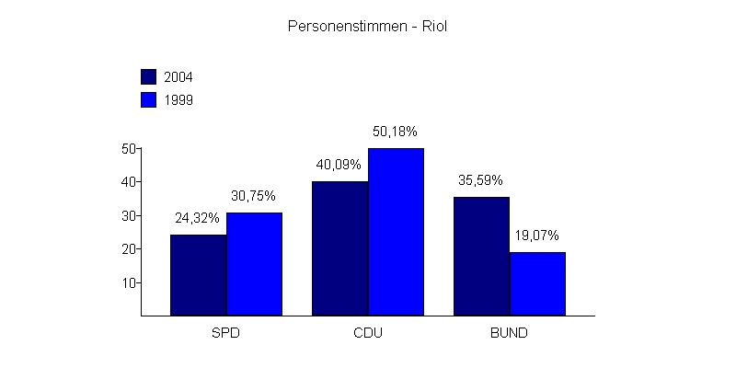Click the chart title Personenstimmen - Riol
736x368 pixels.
(367, 27)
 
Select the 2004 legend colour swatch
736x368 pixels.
(148, 76)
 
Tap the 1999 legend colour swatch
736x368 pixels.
(148, 99)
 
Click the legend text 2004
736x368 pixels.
(178, 76)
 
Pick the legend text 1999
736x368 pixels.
(178, 99)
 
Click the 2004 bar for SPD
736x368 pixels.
(198, 275)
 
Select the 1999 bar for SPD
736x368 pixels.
(254, 264)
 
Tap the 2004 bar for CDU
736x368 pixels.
(339, 248)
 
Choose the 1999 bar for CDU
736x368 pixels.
(396, 232)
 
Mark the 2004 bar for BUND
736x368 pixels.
(481, 256)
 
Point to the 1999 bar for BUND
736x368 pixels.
(537, 283)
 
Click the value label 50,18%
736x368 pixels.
(396, 132)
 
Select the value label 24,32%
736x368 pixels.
(198, 218)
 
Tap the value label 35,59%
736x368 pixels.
(481, 180)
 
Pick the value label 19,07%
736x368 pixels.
(537, 236)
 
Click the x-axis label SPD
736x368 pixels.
(225, 332)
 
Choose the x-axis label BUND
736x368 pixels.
(509, 332)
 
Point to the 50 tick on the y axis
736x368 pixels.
(129, 148)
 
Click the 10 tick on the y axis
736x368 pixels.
(129, 282)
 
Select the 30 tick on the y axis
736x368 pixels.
(129, 215)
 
